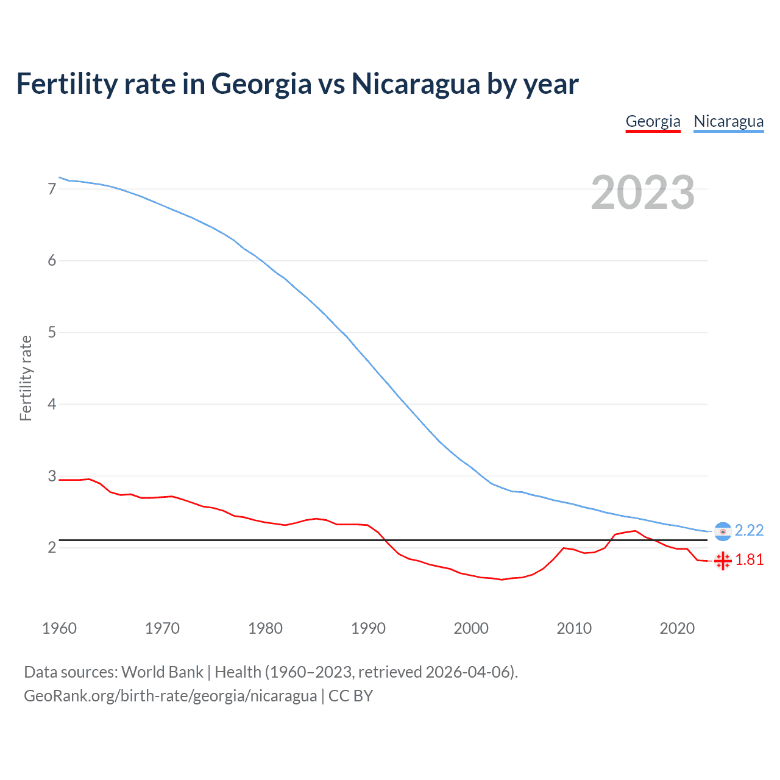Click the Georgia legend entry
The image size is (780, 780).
click(653, 121)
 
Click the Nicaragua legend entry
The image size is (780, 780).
click(728, 121)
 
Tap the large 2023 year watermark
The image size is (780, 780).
click(642, 193)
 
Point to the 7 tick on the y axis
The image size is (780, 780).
click(52, 189)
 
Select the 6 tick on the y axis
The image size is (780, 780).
click(52, 261)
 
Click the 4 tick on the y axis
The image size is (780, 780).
click(52, 404)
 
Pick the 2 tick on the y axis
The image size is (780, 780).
click(52, 547)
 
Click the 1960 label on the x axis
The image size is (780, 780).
click(59, 628)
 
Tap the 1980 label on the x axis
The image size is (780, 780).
click(265, 628)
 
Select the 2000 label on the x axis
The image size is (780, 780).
click(471, 628)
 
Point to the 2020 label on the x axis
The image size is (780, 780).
click(677, 628)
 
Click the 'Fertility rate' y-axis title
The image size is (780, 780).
click(26, 378)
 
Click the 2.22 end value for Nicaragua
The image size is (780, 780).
click(749, 531)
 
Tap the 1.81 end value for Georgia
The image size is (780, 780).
click(749, 560)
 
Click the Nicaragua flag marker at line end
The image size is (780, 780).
click(723, 531)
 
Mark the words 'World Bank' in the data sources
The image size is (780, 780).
click(162, 672)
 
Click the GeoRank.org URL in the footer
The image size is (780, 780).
click(170, 696)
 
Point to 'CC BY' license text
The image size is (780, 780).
click(350, 696)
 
